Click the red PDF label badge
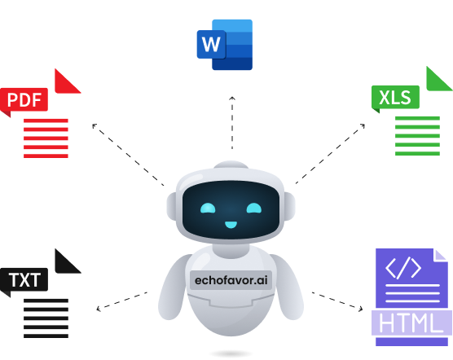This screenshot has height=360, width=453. (24, 100)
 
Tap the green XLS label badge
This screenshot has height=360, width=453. (395, 97)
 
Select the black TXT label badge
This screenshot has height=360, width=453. (24, 279)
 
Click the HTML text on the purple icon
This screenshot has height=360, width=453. (411, 323)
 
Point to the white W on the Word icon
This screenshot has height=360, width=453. (211, 45)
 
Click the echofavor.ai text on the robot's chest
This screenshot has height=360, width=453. (231, 280)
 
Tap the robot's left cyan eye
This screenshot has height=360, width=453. (208, 209)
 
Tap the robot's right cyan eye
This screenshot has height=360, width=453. (254, 209)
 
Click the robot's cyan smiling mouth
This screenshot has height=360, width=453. (231, 225)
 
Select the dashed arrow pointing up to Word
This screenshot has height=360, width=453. (232, 123)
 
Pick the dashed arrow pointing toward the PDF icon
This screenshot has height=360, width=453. (128, 155)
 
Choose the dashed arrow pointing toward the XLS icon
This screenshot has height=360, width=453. (330, 154)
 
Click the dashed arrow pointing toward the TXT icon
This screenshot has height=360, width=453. (121, 301)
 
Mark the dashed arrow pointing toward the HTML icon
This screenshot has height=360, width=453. (337, 301)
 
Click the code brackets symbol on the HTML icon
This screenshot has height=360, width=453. (403, 268)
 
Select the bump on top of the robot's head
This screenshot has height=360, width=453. (231, 165)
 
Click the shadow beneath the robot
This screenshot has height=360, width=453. (231, 353)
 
